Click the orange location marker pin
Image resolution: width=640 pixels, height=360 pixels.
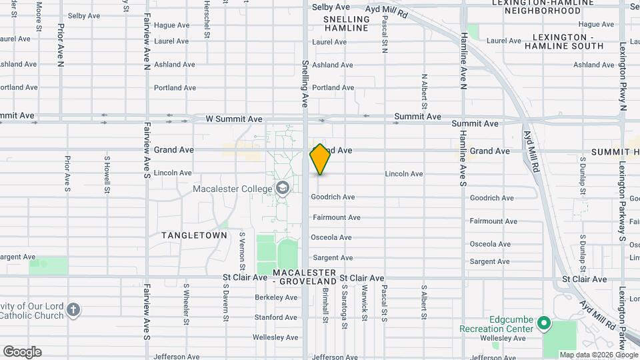point(320,159)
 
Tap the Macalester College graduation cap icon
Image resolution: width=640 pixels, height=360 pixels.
point(283,189)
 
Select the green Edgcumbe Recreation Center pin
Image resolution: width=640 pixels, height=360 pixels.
point(544,323)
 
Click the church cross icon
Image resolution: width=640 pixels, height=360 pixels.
point(73,310)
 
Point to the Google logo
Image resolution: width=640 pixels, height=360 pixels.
point(22,352)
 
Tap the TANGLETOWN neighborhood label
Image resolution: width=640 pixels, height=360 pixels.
point(194,235)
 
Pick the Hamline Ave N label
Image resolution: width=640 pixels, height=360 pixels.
point(463,60)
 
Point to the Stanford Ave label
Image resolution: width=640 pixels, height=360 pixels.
point(275,317)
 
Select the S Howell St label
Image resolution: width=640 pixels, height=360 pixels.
point(107,175)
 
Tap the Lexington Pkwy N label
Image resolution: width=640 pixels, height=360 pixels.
point(623,77)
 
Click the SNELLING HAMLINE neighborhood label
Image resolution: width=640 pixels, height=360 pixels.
point(346,23)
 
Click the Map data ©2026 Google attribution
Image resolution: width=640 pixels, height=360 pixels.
point(598,355)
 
